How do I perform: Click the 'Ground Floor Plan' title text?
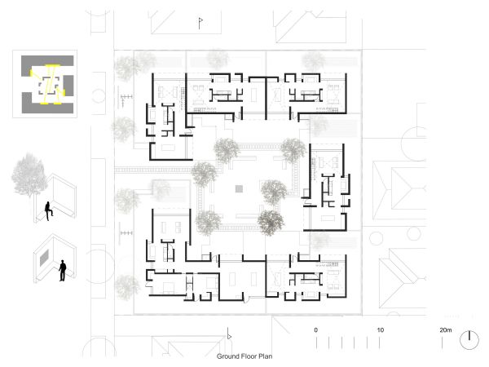[244, 356]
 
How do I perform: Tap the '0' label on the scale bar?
[316, 329]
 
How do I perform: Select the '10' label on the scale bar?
[380, 329]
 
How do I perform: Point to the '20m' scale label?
[446, 329]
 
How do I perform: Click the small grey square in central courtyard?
[239, 188]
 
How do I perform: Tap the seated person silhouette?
[48, 211]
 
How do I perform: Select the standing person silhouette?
[63, 271]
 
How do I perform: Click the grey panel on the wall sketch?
[44, 258]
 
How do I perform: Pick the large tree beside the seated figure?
[29, 175]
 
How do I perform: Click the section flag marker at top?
[200, 23]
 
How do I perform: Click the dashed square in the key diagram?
[49, 86]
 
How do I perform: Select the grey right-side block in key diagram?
[68, 85]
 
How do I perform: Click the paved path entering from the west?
[153, 170]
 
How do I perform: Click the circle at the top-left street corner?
[99, 95]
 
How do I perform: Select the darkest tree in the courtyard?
[271, 222]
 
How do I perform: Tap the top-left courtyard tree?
[227, 150]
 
